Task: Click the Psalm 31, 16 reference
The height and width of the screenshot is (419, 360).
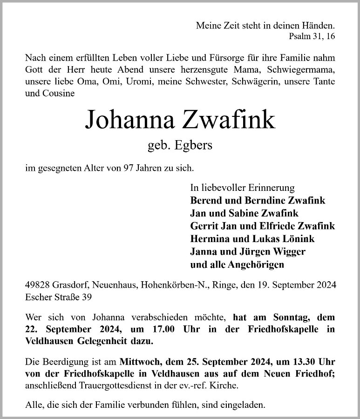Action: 312,36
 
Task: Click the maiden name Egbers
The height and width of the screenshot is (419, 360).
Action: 193,146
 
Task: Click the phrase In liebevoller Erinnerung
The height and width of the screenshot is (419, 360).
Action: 242,188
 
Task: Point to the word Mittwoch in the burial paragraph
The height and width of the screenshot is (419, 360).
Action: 139,362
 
